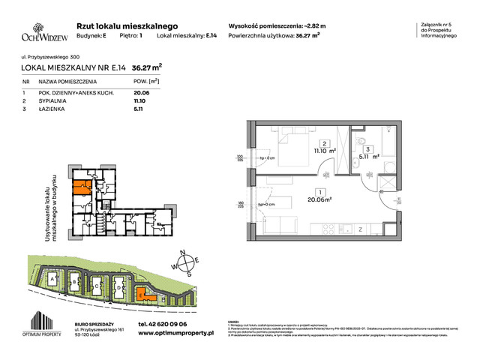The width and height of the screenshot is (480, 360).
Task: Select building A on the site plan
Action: click(x=52, y=278)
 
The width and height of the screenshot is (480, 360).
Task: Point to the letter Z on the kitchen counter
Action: click(x=360, y=229)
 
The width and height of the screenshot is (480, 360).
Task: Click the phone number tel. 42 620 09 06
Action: click(x=166, y=324)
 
